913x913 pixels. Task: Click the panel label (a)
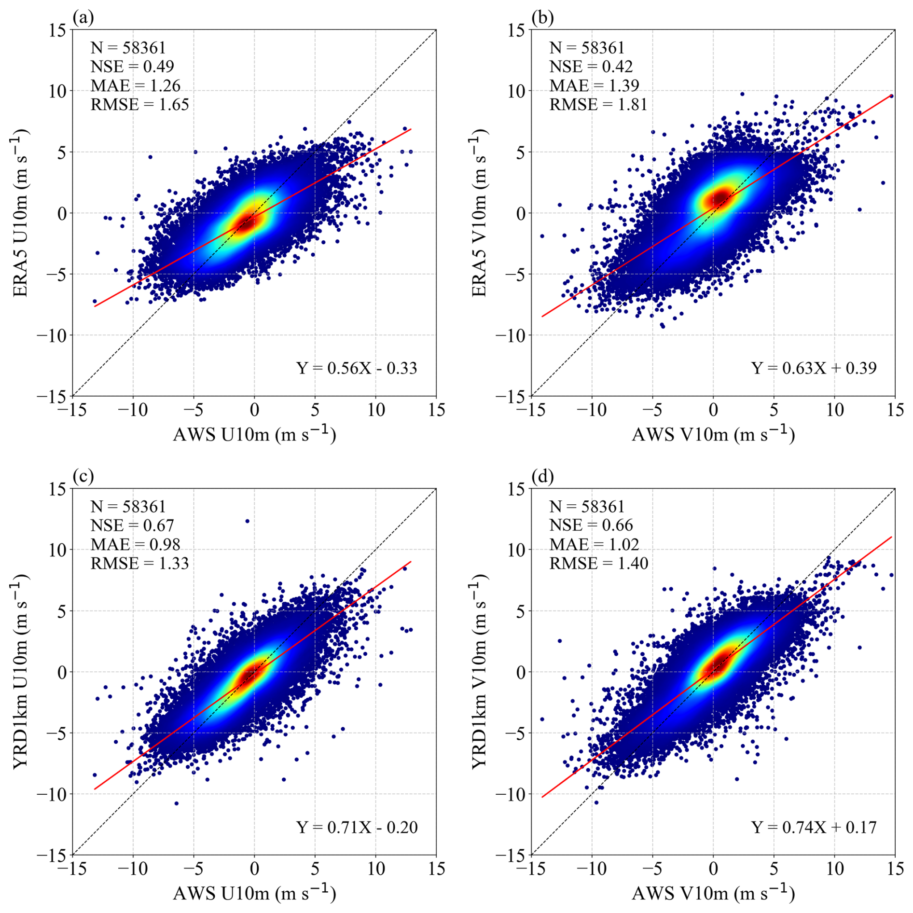click(83, 18)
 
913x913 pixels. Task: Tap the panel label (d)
click(542, 477)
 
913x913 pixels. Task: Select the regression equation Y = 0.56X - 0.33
click(357, 368)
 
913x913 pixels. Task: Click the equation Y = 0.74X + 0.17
click(814, 827)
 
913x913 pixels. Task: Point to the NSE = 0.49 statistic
click(132, 67)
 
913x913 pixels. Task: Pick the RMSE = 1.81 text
click(598, 104)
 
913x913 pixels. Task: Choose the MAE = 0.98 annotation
click(136, 544)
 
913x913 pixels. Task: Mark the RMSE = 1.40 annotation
click(599, 563)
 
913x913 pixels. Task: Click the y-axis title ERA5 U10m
click(20, 213)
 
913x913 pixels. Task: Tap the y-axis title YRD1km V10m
click(479, 672)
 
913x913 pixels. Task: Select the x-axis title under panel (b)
click(713, 434)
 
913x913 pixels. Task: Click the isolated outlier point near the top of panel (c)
click(248, 521)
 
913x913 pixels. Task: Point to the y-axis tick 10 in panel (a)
click(57, 91)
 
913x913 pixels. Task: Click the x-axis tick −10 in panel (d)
click(592, 869)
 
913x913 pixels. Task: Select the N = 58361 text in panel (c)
click(128, 506)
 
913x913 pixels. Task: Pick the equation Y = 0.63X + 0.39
click(814, 368)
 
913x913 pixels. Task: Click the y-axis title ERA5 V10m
click(479, 213)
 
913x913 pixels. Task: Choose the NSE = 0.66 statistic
click(591, 525)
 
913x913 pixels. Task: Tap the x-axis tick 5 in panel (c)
click(315, 869)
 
